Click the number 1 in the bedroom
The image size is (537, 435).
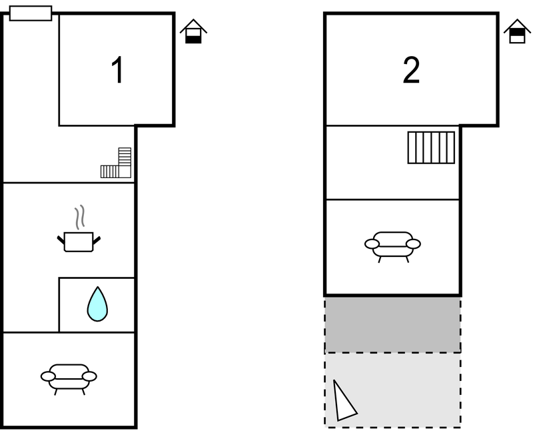pyautogui.click(x=117, y=70)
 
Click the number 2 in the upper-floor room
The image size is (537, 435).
pyautogui.click(x=411, y=70)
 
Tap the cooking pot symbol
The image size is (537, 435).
pyautogui.click(x=79, y=242)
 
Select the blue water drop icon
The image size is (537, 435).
pyautogui.click(x=97, y=304)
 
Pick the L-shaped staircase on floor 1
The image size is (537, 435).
pyautogui.click(x=116, y=163)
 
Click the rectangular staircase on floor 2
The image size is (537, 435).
pyautogui.click(x=431, y=147)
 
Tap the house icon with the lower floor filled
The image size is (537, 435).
pyautogui.click(x=193, y=31)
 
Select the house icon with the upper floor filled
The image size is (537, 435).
pyautogui.click(x=517, y=31)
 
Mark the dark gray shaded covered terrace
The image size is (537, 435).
pyautogui.click(x=392, y=324)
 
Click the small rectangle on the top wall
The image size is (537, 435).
pyautogui.click(x=31, y=13)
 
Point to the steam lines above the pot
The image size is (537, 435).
pyautogui.click(x=79, y=217)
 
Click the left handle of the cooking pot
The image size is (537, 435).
pyautogui.click(x=61, y=240)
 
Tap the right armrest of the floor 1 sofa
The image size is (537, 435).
pyautogui.click(x=90, y=376)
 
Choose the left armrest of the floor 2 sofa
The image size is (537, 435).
pyautogui.click(x=372, y=244)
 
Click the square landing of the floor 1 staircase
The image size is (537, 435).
pyautogui.click(x=125, y=171)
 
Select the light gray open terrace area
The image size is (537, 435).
pyautogui.click(x=392, y=390)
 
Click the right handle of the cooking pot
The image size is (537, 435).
pyautogui.click(x=97, y=240)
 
